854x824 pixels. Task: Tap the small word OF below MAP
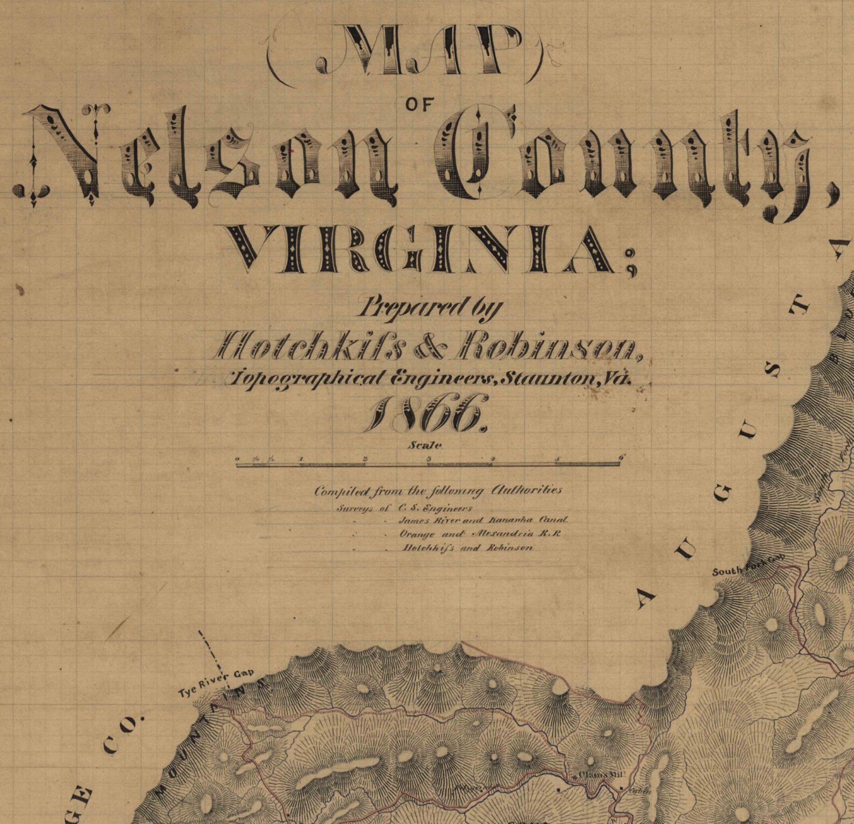[419, 105]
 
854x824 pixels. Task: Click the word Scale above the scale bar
[425, 445]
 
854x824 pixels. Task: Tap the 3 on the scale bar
[429, 458]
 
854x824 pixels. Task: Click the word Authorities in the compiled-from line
[527, 490]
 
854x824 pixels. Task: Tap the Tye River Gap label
[215, 683]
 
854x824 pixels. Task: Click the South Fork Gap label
[748, 567]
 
